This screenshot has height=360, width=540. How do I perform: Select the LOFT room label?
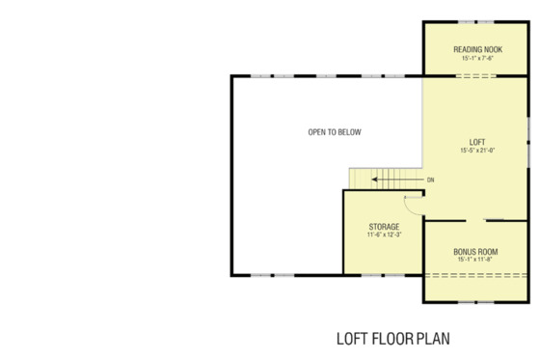point(476,141)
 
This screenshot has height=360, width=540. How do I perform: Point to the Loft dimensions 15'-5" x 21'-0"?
point(476,151)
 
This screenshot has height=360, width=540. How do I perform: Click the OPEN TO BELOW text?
point(335,132)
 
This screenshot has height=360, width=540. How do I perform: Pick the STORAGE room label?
point(383,227)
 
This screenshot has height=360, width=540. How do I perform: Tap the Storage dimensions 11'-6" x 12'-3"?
point(383,235)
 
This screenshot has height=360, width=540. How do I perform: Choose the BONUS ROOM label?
point(474,251)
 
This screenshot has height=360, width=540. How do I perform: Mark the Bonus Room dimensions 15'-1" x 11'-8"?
point(474,260)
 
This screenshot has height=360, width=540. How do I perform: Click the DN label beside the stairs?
point(430,180)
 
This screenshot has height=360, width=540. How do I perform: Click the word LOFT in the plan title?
point(350,339)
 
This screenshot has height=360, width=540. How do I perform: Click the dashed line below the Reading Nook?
point(475,75)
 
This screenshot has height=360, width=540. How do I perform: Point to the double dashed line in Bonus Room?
point(475,276)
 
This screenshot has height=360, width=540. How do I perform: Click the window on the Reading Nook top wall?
point(475,20)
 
